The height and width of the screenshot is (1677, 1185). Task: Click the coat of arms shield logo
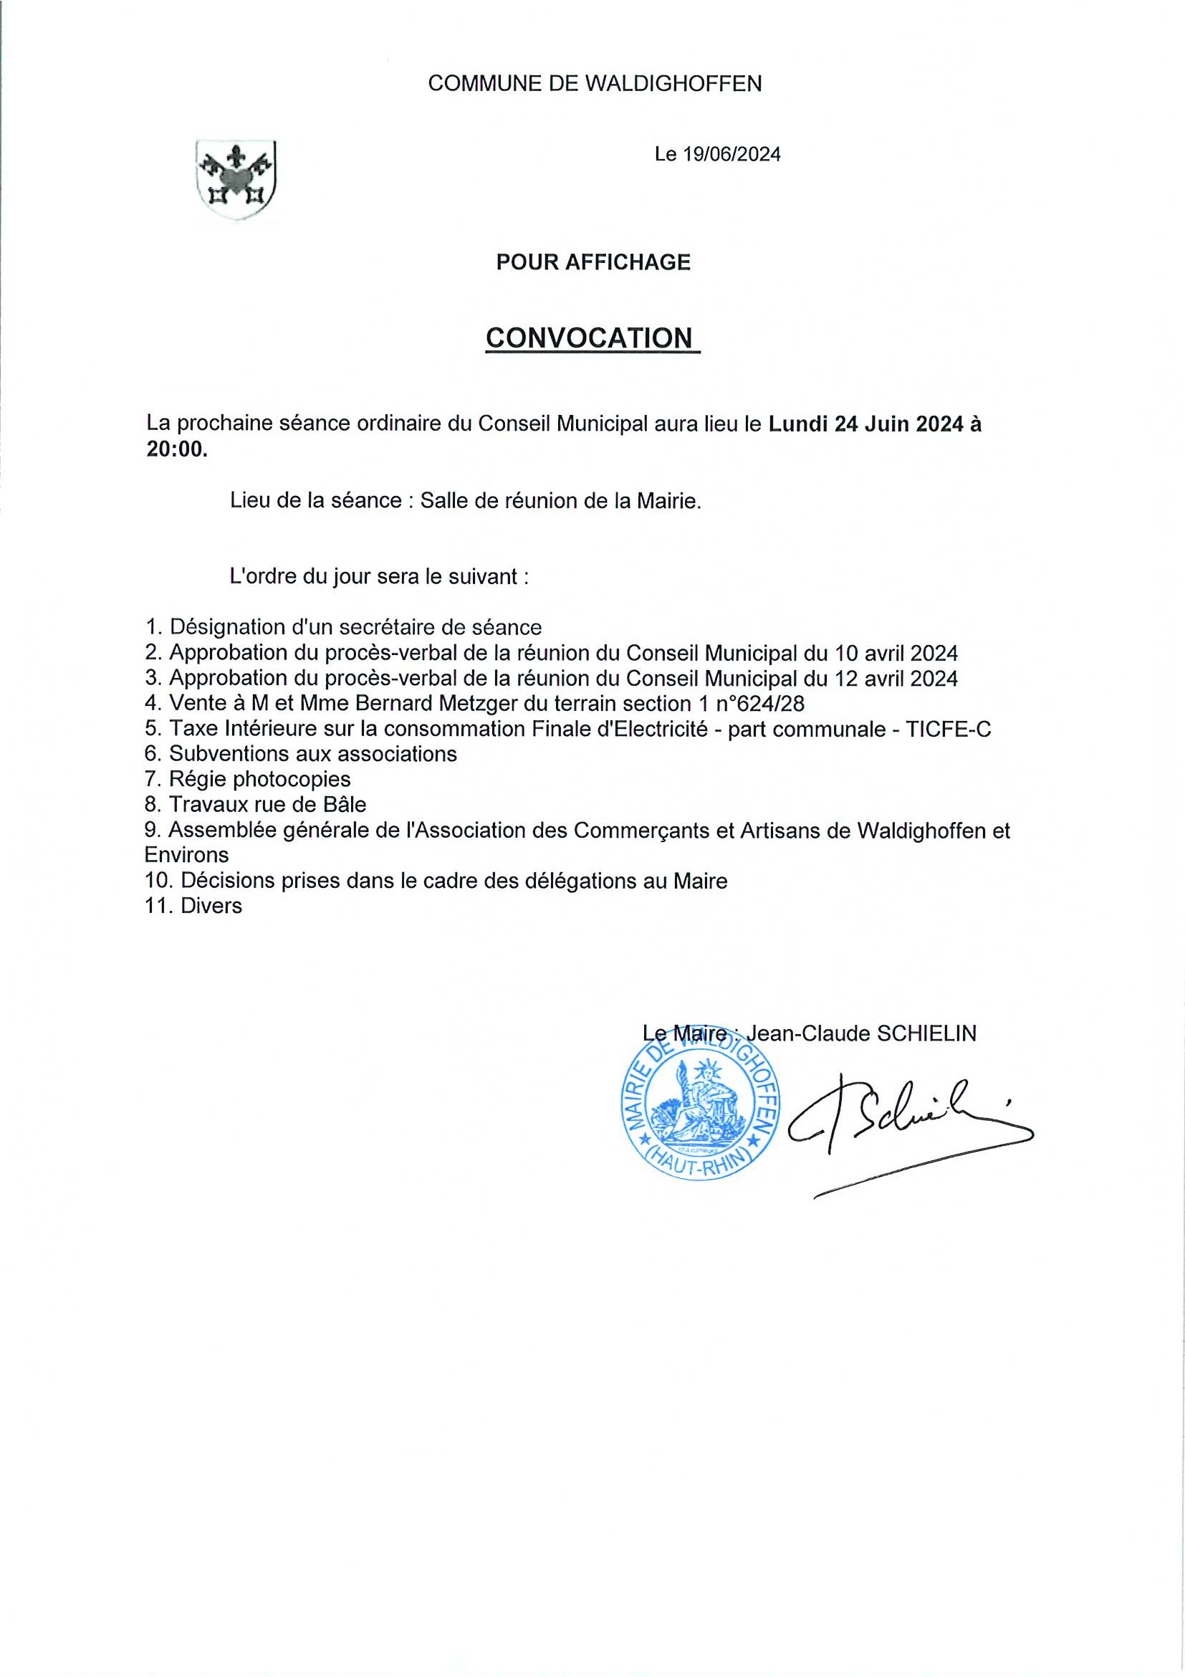coord(235,181)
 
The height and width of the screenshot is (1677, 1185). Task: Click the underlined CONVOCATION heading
coord(589,338)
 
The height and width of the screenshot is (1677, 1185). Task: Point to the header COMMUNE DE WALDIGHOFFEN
coord(595,84)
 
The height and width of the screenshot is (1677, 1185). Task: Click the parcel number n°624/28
coord(777,703)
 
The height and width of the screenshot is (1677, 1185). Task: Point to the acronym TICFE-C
coord(949,729)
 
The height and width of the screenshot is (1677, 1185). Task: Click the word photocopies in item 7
coord(292,779)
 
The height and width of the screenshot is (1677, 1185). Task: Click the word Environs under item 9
coord(187,855)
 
